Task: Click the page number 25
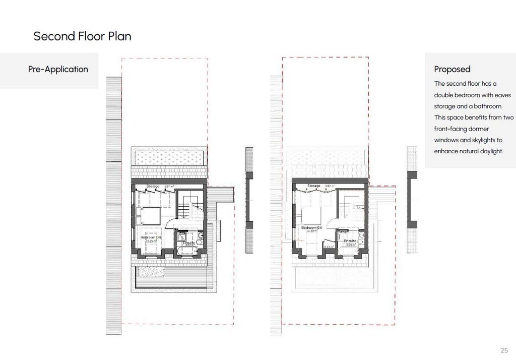click(504, 350)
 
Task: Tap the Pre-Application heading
click(58, 70)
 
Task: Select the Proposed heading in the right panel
click(452, 70)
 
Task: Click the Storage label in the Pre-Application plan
click(153, 187)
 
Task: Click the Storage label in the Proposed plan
click(313, 186)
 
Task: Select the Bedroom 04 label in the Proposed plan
click(311, 228)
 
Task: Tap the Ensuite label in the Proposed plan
click(350, 241)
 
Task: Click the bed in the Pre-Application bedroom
click(148, 216)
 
